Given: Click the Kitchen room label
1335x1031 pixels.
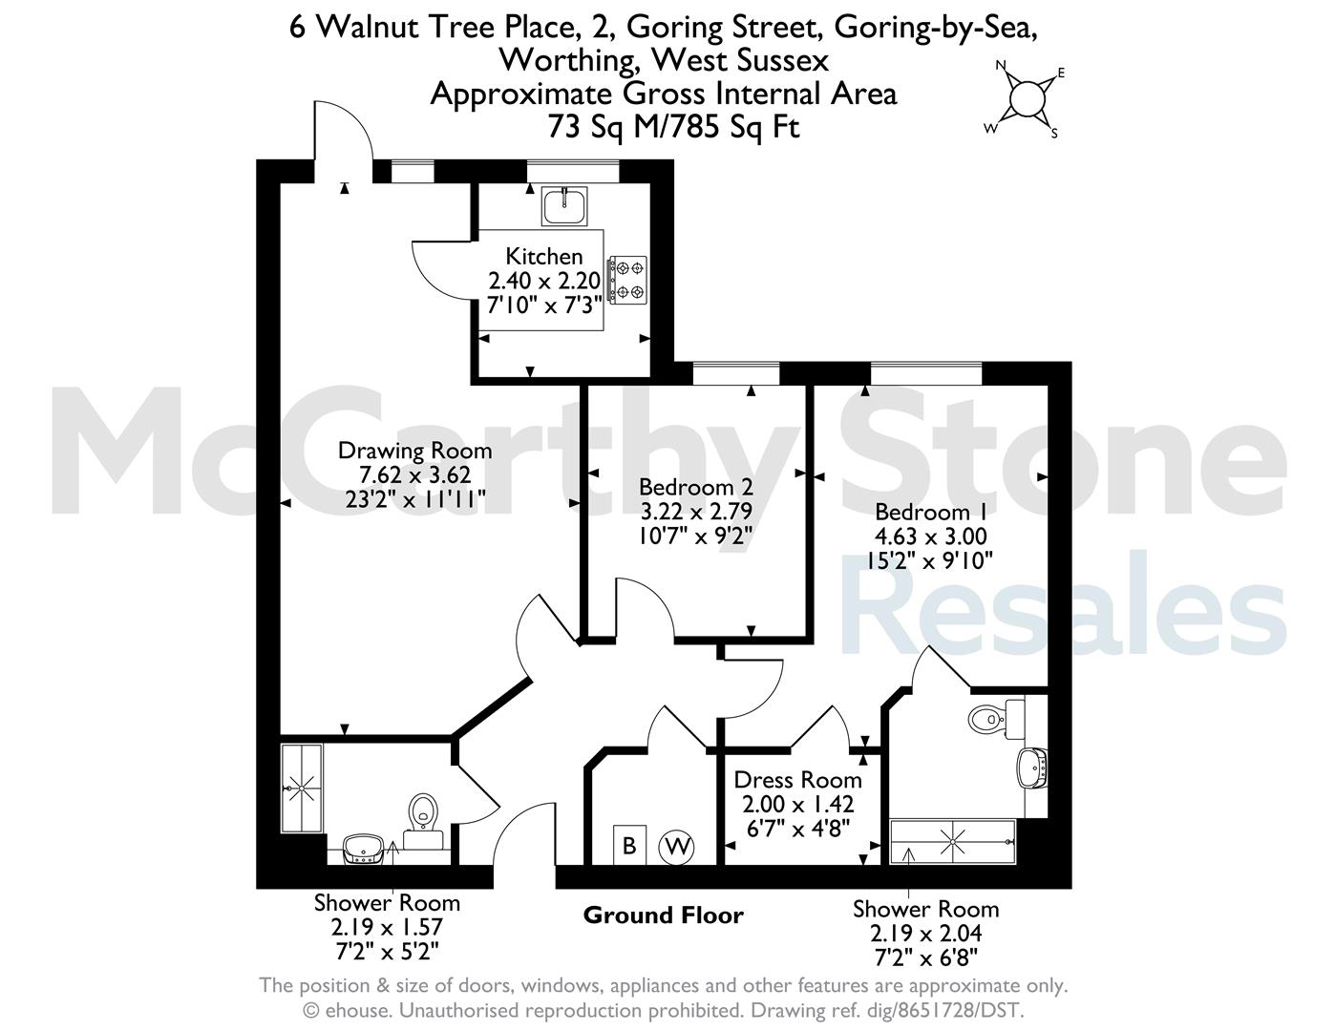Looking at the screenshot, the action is click(543, 256).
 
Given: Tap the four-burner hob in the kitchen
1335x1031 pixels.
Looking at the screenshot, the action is click(627, 280).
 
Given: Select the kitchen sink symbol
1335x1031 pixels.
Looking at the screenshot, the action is click(564, 206).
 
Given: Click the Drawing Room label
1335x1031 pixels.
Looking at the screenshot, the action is click(414, 452).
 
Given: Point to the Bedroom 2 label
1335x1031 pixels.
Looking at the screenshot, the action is click(695, 487).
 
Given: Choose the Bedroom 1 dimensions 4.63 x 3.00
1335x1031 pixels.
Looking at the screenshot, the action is click(930, 537).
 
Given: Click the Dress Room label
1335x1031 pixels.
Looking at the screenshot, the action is click(797, 780).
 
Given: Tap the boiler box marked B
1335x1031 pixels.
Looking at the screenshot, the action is click(629, 845).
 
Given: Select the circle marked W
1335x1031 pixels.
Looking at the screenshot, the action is click(676, 847).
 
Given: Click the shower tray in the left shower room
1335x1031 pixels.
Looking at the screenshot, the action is click(302, 789).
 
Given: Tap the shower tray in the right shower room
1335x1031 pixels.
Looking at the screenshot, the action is click(952, 841).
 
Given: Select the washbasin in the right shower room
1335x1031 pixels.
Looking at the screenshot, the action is click(1032, 768).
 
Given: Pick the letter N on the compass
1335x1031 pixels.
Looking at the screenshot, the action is click(1001, 65).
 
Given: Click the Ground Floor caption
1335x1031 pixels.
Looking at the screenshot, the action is click(664, 915).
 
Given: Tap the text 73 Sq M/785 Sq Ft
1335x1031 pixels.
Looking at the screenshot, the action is click(673, 128).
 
